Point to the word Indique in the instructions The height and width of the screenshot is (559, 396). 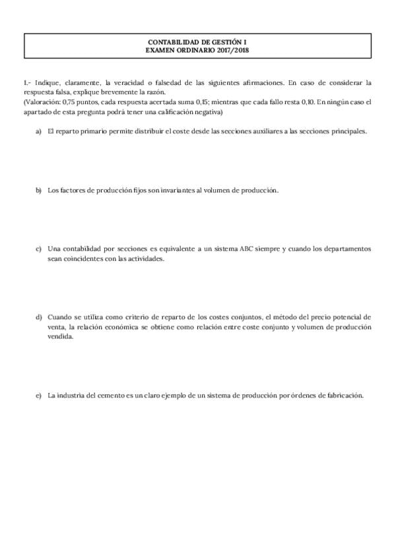click(47, 82)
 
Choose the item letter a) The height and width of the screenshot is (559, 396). click(38, 131)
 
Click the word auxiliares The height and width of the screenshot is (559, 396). click(277, 131)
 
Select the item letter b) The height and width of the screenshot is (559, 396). click(38, 191)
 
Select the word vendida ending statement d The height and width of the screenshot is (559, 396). click(61, 335)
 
